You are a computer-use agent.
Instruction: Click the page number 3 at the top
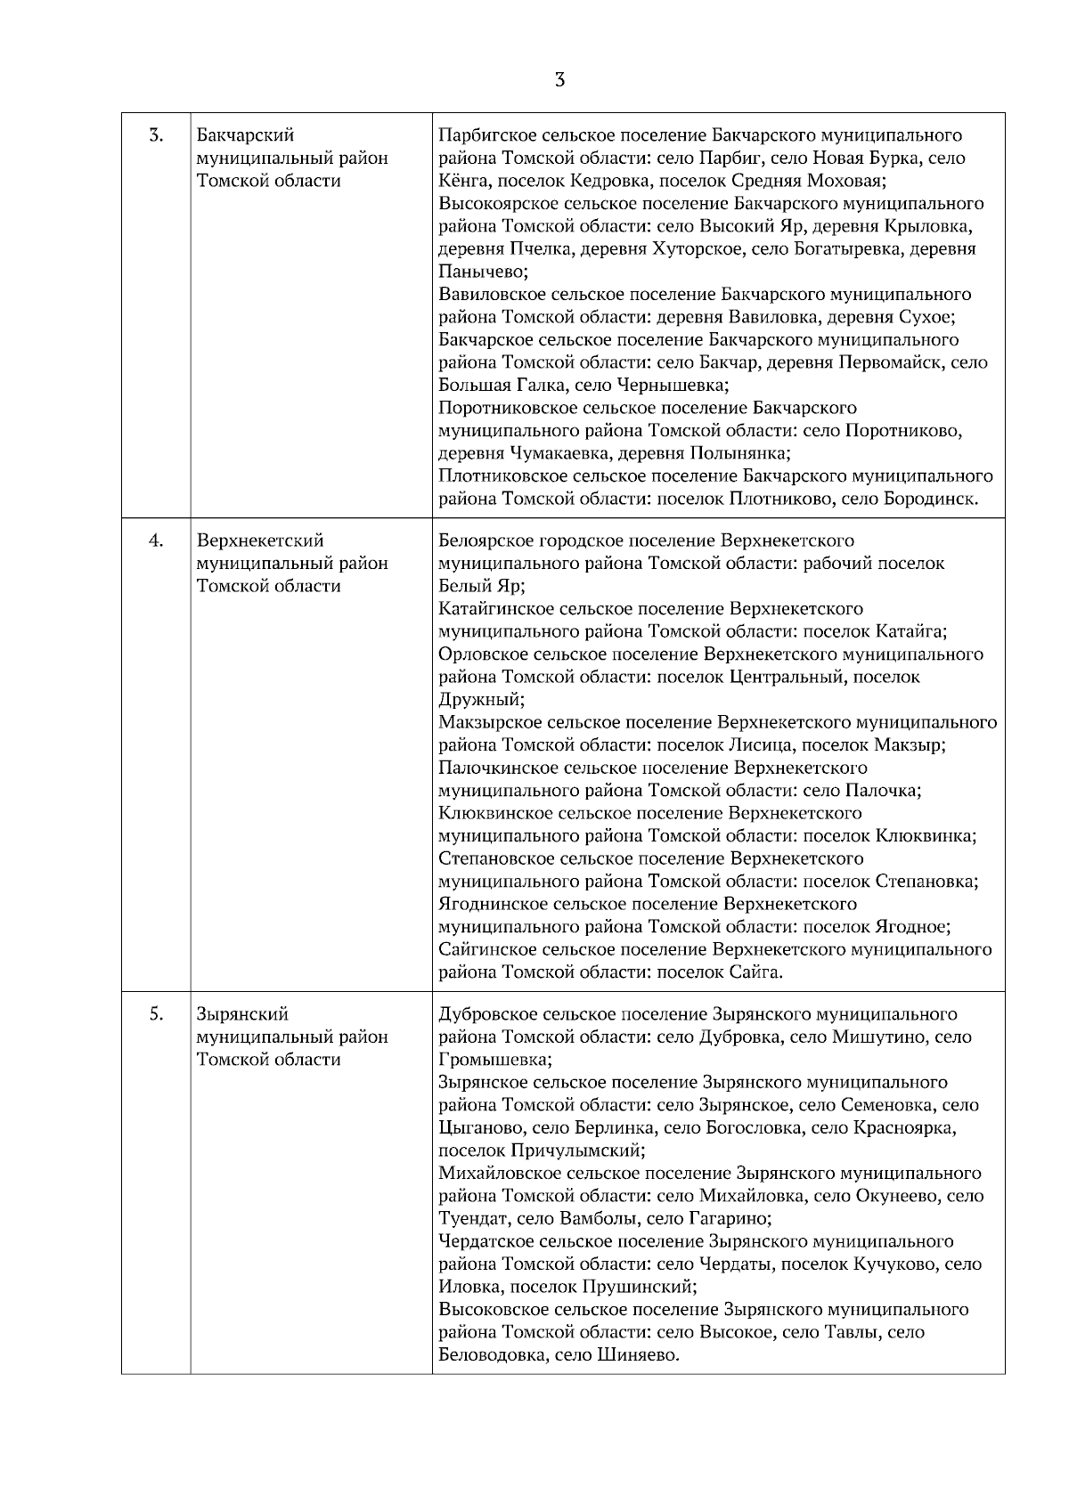point(559,80)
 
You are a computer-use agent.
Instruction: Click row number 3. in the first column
point(156,135)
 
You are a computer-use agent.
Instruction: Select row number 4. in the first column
point(156,541)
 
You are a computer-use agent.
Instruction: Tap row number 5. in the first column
point(156,1014)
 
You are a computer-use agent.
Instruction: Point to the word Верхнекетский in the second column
point(260,541)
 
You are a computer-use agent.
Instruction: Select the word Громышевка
point(494,1061)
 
